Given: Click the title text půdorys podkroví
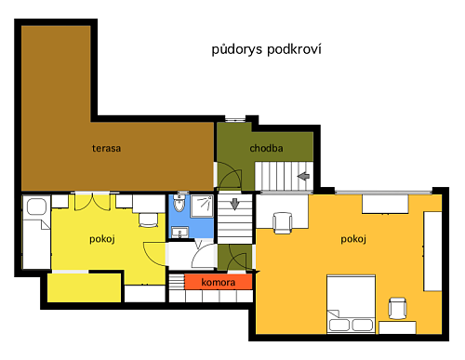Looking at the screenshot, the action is click(266, 49).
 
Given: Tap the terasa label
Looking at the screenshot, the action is click(106, 148).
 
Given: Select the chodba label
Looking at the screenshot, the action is click(266, 148).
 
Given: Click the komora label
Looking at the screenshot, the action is click(219, 282).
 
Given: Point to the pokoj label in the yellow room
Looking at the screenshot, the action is click(102, 239).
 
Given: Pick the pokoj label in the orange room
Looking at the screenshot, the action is click(353, 239).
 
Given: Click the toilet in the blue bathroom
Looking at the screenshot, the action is click(179, 203).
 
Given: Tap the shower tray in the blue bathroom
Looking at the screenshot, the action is click(202, 206).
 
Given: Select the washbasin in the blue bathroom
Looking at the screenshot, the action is click(179, 233).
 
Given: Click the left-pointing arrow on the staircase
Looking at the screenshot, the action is click(303, 176).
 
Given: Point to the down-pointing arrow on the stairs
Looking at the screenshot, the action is click(234, 204).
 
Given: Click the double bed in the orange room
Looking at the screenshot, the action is click(351, 304).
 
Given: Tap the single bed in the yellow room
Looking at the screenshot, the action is click(36, 232).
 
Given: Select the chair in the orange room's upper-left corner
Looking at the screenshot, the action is click(283, 222).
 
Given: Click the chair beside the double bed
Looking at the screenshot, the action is click(398, 308).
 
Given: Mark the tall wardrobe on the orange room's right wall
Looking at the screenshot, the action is click(432, 251).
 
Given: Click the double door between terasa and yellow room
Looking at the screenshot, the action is click(93, 202).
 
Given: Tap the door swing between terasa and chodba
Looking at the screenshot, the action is click(230, 179).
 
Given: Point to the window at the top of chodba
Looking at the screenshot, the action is click(234, 119).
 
